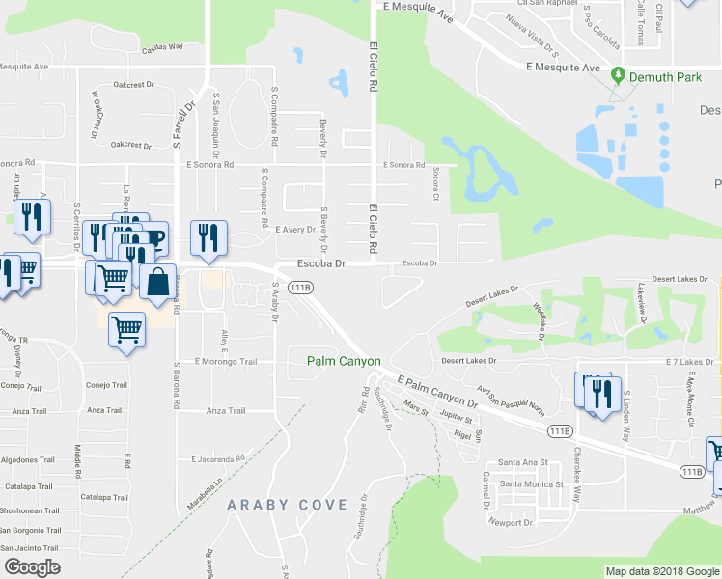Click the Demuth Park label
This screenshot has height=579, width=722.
[665, 74]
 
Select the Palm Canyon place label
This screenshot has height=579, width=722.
[344, 361]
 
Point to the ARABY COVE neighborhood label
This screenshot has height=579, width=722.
[287, 505]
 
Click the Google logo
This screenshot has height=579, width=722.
[32, 567]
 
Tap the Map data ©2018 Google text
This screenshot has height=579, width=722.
[661, 571]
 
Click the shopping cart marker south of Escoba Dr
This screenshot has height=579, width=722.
[126, 330]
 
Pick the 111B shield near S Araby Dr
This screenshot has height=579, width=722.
[300, 287]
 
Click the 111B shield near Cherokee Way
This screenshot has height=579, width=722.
[559, 430]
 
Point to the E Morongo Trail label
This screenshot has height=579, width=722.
[226, 362]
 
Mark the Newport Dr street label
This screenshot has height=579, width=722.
[511, 523]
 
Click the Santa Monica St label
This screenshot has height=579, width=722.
[524, 483]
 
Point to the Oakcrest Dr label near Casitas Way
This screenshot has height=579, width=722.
[133, 85]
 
